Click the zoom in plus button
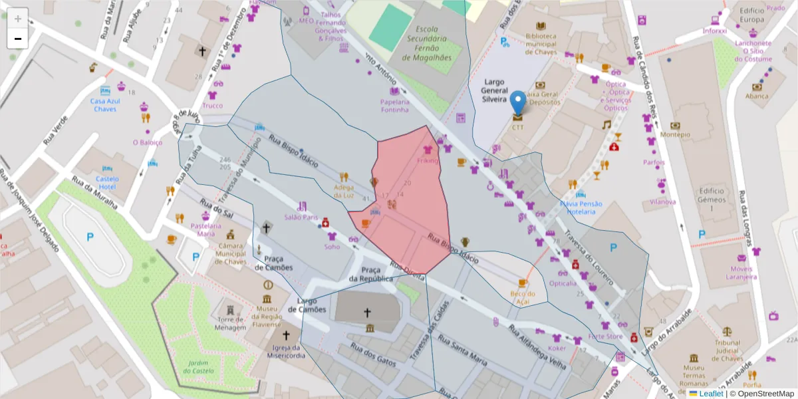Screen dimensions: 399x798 click(x=18, y=18)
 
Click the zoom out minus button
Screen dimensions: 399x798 click(x=18, y=39)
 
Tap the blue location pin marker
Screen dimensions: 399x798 click(x=517, y=104)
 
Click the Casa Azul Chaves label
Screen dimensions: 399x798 click(x=105, y=105)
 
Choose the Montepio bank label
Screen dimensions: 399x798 click(x=676, y=134)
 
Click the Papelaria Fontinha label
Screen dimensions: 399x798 click(x=394, y=106)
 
